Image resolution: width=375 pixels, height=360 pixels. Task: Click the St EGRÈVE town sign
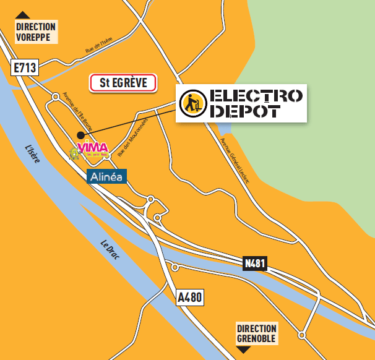click(124, 83)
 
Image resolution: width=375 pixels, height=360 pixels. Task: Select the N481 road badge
click(254, 264)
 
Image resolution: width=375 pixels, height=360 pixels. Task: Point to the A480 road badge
click(189, 298)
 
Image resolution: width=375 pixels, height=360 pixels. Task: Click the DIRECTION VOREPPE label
click(36, 32)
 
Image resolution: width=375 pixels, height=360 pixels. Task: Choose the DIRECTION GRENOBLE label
click(257, 333)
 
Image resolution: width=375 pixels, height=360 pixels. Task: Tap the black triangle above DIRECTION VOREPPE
click(23, 15)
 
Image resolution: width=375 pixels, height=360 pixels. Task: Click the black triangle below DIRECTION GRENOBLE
click(244, 350)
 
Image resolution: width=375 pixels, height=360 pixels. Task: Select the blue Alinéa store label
click(106, 176)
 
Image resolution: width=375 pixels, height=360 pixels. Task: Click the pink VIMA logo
click(92, 148)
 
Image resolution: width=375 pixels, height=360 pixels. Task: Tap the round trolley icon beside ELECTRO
click(192, 103)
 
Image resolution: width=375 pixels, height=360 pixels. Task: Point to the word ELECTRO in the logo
click(256, 95)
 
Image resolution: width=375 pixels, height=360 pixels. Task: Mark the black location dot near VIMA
click(79, 135)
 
